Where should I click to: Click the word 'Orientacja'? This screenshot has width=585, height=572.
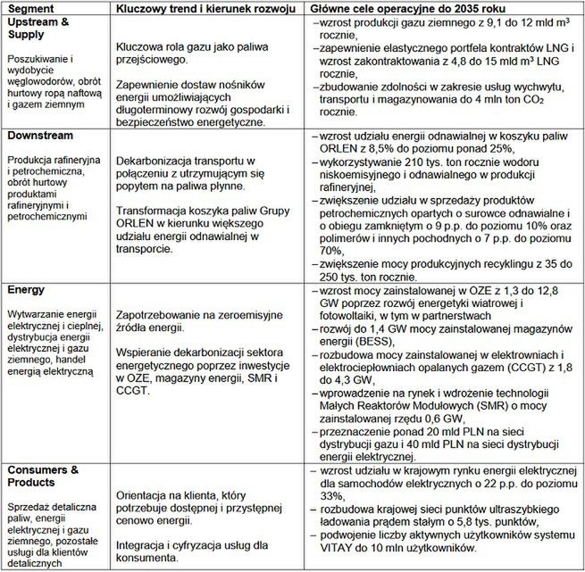click(x=141, y=494)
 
